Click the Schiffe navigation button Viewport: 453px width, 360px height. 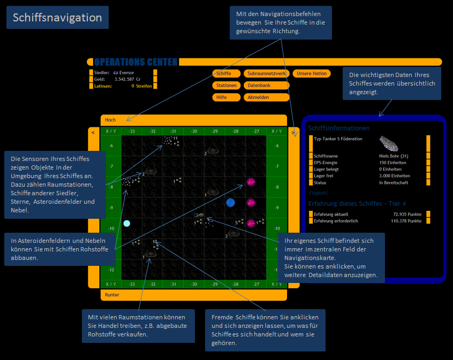click(224, 73)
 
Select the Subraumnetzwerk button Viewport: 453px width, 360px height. click(266, 73)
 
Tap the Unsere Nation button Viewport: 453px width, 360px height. click(312, 73)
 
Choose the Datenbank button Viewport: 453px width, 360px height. click(266, 86)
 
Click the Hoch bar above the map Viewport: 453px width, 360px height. click(193, 120)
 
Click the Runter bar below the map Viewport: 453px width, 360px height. click(193, 295)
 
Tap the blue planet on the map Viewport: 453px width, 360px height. click(231, 202)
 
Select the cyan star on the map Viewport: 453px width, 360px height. click(127, 223)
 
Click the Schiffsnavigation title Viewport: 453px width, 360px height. click(58, 18)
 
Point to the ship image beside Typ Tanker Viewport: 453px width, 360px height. click(389, 143)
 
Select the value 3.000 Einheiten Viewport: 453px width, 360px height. click(395, 175)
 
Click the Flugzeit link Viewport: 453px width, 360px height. click(318, 193)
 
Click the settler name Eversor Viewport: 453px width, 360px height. click(127, 72)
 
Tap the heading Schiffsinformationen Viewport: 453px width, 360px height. click(339, 128)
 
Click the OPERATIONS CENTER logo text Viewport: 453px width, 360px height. click(135, 62)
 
